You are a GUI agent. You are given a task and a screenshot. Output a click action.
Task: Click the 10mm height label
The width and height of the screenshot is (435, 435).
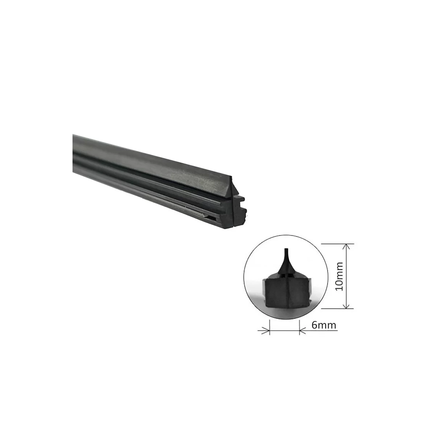click(x=339, y=276)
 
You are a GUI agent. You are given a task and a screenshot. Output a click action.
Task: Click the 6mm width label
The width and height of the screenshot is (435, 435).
click(x=324, y=325)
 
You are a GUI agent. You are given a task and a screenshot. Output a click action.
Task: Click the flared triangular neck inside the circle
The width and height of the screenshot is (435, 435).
click(x=286, y=266)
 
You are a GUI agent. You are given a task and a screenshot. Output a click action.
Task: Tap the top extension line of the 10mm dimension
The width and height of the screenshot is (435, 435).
click(x=337, y=244)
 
